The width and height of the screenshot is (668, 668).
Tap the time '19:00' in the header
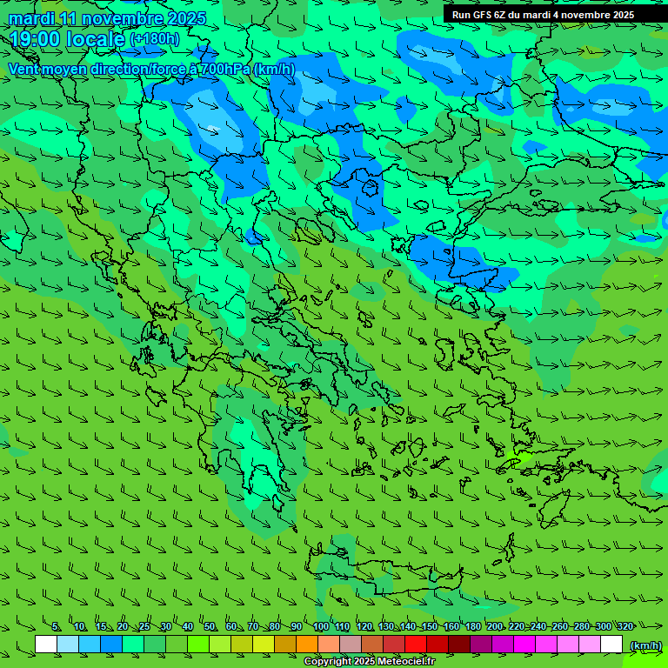click(x=35, y=39)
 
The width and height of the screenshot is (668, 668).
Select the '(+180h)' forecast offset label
click(x=154, y=39)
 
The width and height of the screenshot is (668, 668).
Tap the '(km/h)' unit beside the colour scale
click(x=645, y=645)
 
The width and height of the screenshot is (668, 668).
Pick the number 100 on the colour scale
click(x=320, y=627)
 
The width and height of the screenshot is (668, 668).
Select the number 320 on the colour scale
click(x=625, y=627)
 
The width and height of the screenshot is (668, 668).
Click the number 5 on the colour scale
click(x=57, y=627)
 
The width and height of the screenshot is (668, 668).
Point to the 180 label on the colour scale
click(x=472, y=627)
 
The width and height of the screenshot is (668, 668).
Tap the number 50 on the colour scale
click(x=210, y=627)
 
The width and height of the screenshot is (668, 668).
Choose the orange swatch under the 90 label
click(x=307, y=645)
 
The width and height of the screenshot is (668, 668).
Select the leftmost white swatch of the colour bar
click(x=46, y=645)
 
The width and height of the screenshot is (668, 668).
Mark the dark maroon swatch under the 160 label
click(x=459, y=645)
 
